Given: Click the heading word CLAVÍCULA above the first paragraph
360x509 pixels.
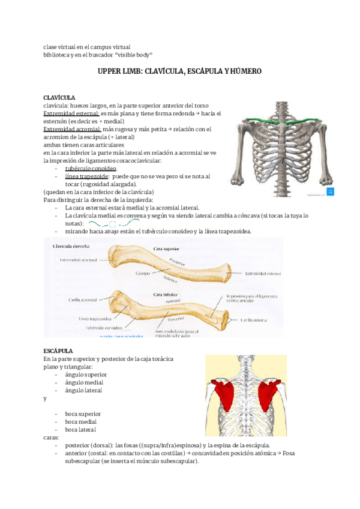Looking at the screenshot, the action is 59,97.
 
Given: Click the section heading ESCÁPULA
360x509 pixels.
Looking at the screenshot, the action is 58,350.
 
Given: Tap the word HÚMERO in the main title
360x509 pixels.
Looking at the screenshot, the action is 244,71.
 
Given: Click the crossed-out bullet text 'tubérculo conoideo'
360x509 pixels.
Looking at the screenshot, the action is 91,169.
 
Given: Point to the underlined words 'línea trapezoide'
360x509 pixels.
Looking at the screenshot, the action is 86,176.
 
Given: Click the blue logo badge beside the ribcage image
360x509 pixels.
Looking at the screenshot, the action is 329,193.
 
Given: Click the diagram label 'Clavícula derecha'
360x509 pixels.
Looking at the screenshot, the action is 71,247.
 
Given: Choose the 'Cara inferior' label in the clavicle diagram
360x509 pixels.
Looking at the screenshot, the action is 166,295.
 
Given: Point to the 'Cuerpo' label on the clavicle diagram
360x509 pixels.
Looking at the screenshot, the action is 143,273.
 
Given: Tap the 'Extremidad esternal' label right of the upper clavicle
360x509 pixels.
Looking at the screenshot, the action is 263,273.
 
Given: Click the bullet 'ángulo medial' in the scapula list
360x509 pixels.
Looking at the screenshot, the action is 84,382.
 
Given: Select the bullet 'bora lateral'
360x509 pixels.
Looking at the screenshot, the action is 80,429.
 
